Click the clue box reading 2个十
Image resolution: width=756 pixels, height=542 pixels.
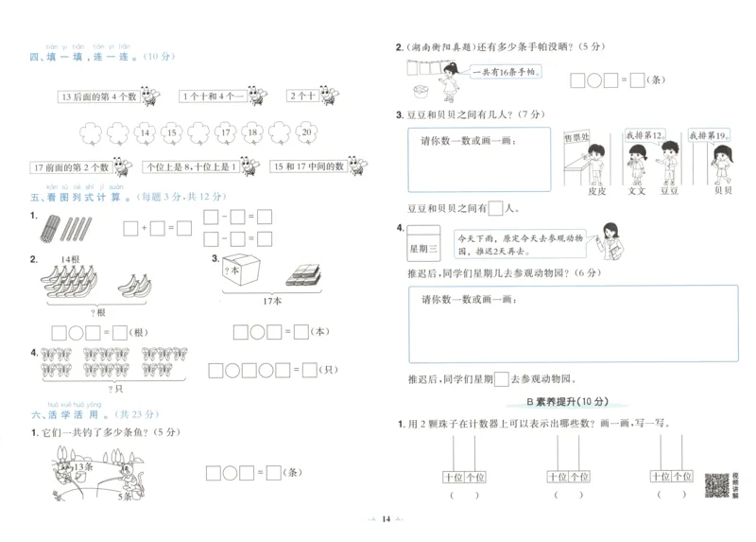coord(301,96)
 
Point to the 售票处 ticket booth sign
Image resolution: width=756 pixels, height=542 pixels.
coord(577,138)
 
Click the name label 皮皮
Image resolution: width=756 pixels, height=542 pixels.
coord(595,191)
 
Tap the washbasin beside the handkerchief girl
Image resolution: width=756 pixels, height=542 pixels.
coord(419,89)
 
